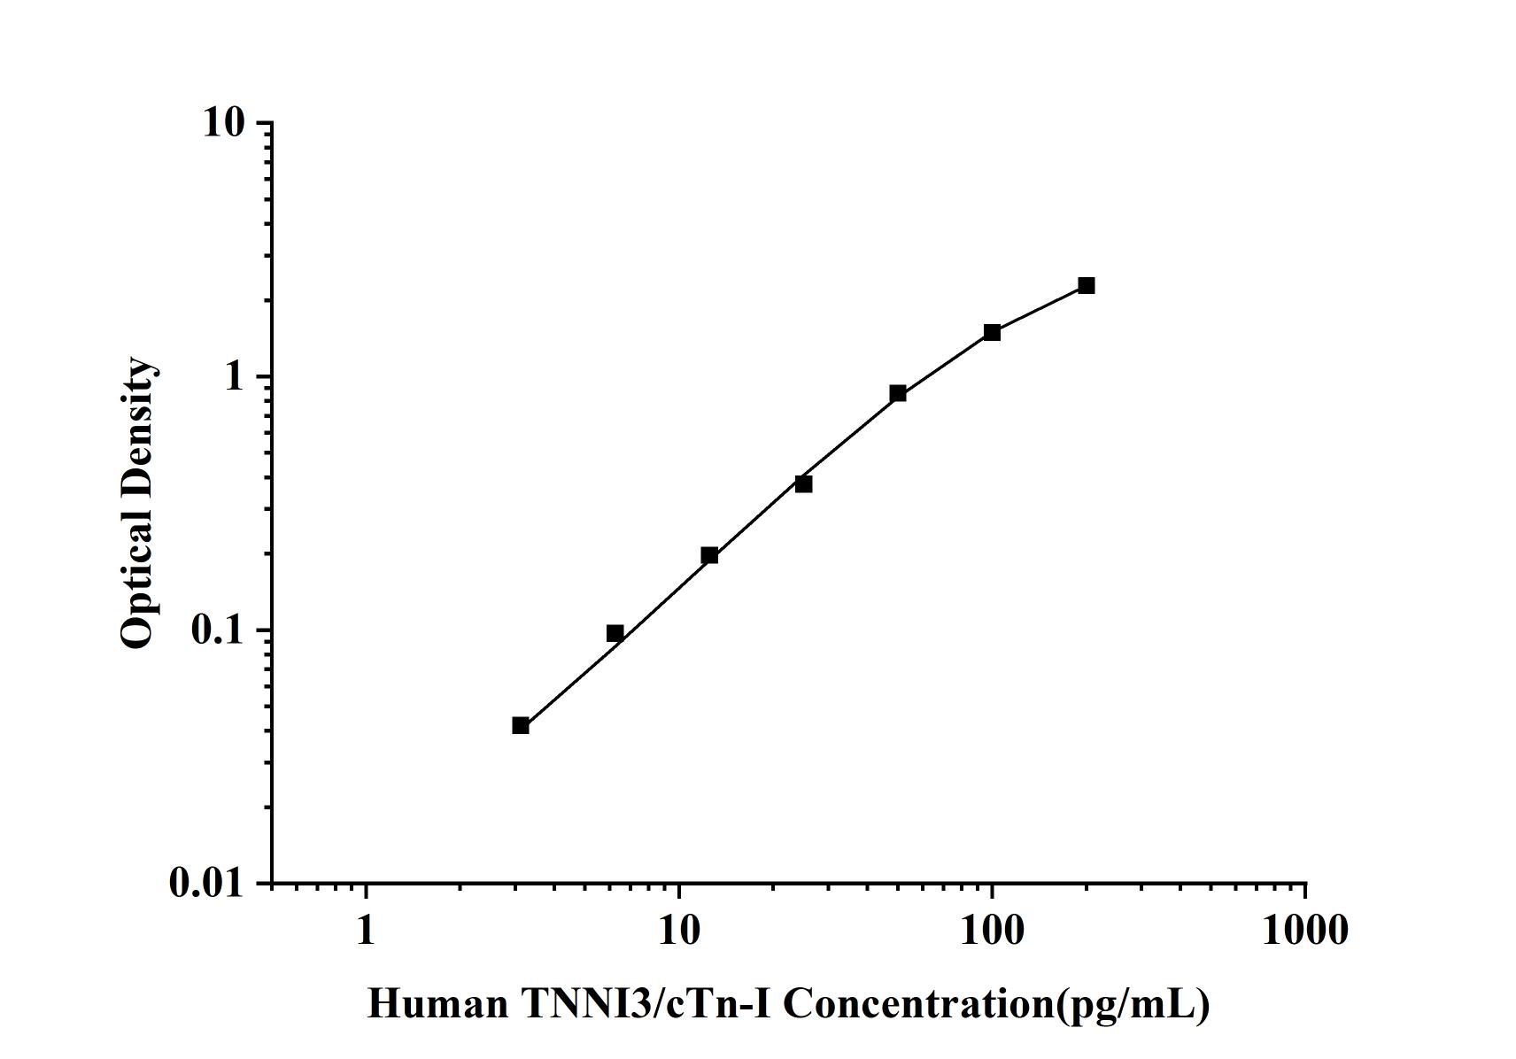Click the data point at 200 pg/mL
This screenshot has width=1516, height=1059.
tap(1086, 285)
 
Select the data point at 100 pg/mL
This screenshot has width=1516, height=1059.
tap(992, 332)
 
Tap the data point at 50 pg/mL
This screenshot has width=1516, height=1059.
tap(898, 393)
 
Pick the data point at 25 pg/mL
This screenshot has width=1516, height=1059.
tap(803, 483)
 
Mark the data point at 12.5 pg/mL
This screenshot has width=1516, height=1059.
tap(709, 555)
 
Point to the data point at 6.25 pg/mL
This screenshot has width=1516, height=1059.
tap(615, 633)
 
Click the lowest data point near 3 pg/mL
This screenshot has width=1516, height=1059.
tap(521, 725)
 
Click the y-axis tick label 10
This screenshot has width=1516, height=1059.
tap(223, 122)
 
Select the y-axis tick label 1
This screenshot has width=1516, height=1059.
tap(234, 376)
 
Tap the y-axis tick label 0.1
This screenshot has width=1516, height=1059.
tap(216, 630)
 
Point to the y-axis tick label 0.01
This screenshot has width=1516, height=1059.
tap(206, 883)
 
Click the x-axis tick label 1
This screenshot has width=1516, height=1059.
tap(366, 931)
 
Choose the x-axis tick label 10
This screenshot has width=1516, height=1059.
tap(679, 931)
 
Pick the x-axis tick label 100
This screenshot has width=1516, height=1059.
tap(992, 931)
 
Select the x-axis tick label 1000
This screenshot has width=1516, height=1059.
tap(1305, 931)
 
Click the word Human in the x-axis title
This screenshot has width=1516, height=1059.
tap(437, 1004)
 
